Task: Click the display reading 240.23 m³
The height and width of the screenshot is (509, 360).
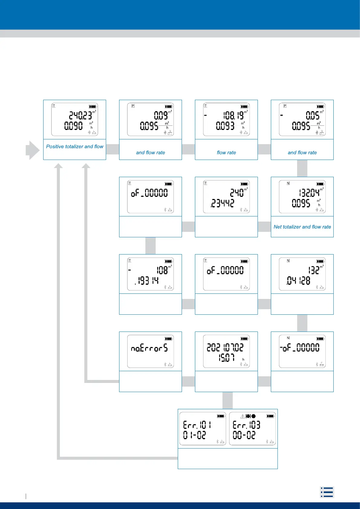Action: click(80, 115)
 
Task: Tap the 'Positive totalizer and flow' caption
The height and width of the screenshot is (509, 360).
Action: click(75, 147)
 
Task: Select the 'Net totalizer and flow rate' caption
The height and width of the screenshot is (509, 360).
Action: click(302, 227)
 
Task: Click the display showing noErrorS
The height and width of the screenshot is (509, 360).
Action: click(149, 349)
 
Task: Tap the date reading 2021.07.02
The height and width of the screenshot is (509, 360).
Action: click(225, 348)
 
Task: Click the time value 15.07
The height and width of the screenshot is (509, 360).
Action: click(227, 358)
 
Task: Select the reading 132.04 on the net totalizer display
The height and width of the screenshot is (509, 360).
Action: click(309, 193)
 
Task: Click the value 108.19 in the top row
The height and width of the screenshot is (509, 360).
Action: click(233, 115)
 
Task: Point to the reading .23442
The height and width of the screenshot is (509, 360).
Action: click(222, 203)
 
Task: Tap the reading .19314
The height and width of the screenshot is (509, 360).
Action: click(147, 281)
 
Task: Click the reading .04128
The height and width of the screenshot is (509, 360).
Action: click(298, 281)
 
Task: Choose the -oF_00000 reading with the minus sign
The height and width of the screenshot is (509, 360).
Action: click(300, 348)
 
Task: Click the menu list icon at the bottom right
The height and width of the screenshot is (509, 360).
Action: click(327, 492)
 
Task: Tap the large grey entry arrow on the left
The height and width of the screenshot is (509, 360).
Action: click(33, 150)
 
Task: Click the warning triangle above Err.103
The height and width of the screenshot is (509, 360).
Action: click(242, 416)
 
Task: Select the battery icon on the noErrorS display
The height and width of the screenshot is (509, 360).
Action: click(168, 339)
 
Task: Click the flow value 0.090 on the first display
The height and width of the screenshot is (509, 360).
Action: click(73, 125)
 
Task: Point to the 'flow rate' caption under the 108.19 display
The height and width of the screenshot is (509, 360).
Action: click(226, 153)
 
